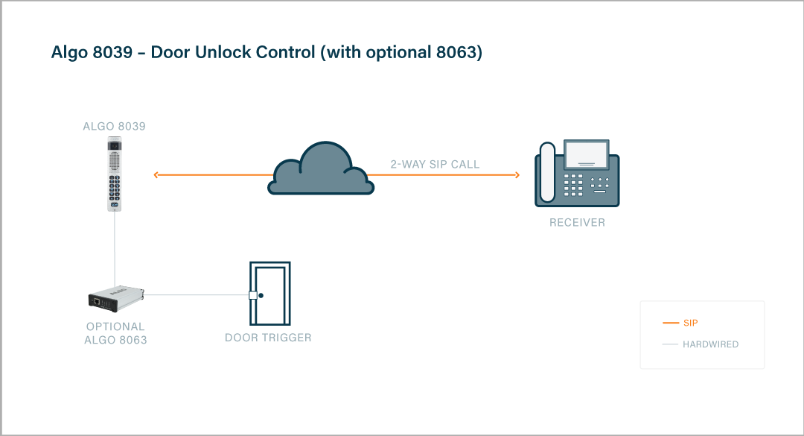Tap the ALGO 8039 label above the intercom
coord(114,127)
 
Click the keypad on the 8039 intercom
coord(114,186)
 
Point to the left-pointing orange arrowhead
coord(156,175)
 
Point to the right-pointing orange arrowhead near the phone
coord(517,175)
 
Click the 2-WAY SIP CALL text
coord(435,164)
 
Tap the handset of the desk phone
coord(547,173)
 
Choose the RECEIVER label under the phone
coord(577,223)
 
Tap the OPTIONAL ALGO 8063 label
coord(115,333)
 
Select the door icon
coord(269,294)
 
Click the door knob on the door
coord(261,295)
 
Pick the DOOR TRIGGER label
coord(268,338)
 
